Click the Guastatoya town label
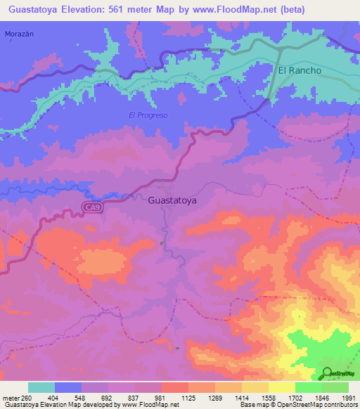(x=173, y=200)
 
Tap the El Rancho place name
(x=300, y=71)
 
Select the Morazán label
(x=19, y=34)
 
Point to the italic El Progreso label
(x=148, y=115)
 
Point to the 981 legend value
(x=161, y=398)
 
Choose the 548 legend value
(x=81, y=398)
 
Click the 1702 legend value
(x=295, y=398)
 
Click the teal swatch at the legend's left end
(x=41, y=387)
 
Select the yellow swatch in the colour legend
(x=281, y=387)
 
